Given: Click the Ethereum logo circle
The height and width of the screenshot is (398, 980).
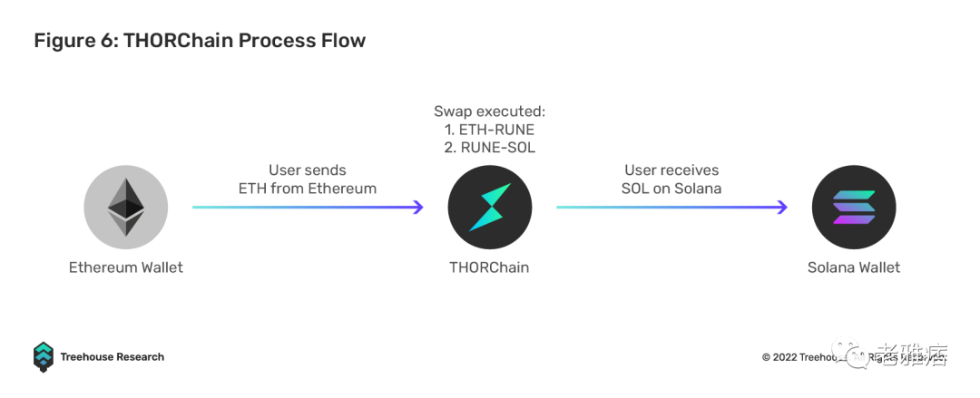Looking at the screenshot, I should (x=126, y=208).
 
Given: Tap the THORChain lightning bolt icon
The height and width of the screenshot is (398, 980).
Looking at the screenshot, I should (x=489, y=208).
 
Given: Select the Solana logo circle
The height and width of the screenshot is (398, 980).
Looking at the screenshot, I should (x=854, y=208).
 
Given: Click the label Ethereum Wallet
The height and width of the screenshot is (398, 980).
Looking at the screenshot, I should (x=126, y=267).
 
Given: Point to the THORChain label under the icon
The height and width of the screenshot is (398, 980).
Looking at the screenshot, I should (x=489, y=267).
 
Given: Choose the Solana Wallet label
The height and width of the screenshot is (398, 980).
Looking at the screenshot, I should (x=854, y=267).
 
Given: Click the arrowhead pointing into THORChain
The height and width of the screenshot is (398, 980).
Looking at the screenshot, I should (x=418, y=208).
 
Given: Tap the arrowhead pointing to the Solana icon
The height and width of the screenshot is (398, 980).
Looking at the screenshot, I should (x=781, y=208).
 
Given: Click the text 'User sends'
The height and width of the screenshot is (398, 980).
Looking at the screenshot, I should (x=308, y=170).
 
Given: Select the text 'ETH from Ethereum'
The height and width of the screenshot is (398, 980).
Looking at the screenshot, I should (x=308, y=189).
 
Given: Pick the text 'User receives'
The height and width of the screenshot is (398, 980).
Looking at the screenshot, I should (x=671, y=170).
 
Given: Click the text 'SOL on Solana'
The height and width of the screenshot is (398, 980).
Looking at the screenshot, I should (x=671, y=189).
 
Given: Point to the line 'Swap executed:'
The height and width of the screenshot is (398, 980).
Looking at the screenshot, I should (x=489, y=112).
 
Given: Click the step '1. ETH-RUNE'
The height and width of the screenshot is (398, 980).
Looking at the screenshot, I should (x=489, y=130).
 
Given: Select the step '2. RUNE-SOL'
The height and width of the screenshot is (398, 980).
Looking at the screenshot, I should (x=489, y=148).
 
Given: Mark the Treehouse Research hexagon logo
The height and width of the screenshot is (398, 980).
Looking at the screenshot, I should (x=44, y=356).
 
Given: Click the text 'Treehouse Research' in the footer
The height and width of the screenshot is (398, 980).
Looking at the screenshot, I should (x=113, y=357).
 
